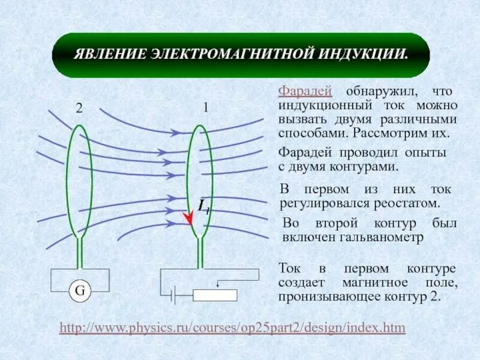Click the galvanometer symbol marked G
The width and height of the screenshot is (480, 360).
[x=80, y=292]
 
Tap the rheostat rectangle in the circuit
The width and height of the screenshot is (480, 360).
[x=215, y=295]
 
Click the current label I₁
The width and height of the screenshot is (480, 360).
[x=203, y=206]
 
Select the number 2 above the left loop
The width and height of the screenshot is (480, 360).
[x=79, y=109]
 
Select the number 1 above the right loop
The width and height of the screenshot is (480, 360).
[x=205, y=109]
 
